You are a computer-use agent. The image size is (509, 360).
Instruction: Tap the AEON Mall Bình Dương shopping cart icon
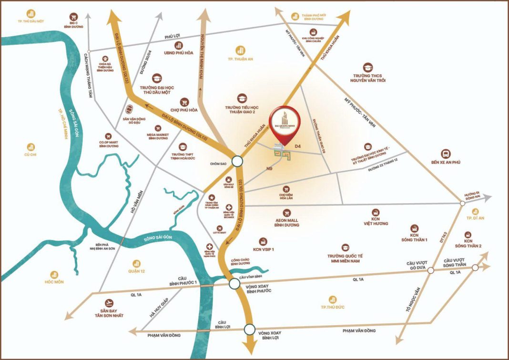[286, 211]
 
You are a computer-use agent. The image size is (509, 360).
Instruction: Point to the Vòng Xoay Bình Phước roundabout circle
[234, 284]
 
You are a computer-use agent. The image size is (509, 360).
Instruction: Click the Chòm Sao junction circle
[237, 162]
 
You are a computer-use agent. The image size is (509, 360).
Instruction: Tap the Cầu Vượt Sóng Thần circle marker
[475, 268]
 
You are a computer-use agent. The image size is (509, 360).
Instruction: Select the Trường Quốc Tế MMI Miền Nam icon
[345, 247]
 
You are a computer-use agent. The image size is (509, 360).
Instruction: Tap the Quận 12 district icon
[136, 263]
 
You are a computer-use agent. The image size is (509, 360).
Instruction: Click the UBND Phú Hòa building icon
[179, 45]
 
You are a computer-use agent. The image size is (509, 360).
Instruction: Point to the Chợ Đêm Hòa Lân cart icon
[286, 189]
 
